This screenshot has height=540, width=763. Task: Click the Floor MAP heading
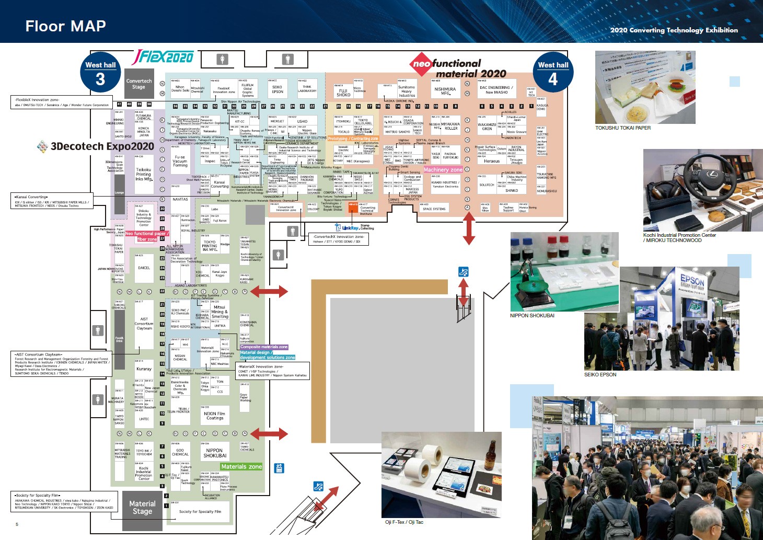(x=65, y=26)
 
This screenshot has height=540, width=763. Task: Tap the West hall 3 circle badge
(x=100, y=73)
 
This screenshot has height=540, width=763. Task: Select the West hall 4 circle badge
(x=553, y=73)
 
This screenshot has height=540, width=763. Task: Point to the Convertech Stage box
(x=138, y=84)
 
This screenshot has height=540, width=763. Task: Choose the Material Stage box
(x=142, y=507)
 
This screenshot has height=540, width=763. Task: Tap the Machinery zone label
(x=443, y=169)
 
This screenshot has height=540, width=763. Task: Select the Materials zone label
(x=241, y=466)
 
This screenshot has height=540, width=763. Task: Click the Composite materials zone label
(x=264, y=347)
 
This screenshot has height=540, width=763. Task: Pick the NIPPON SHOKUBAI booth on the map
(x=215, y=453)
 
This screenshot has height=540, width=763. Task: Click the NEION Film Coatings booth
(x=215, y=416)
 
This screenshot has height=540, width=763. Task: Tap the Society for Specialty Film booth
(x=200, y=512)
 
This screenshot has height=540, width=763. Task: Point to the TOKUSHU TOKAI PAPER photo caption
(x=623, y=128)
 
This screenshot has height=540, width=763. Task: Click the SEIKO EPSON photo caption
(x=600, y=374)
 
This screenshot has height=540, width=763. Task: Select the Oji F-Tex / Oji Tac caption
(x=404, y=522)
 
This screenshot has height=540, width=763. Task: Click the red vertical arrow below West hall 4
(x=469, y=229)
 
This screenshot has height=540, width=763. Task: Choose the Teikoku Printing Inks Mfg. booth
(x=144, y=175)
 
